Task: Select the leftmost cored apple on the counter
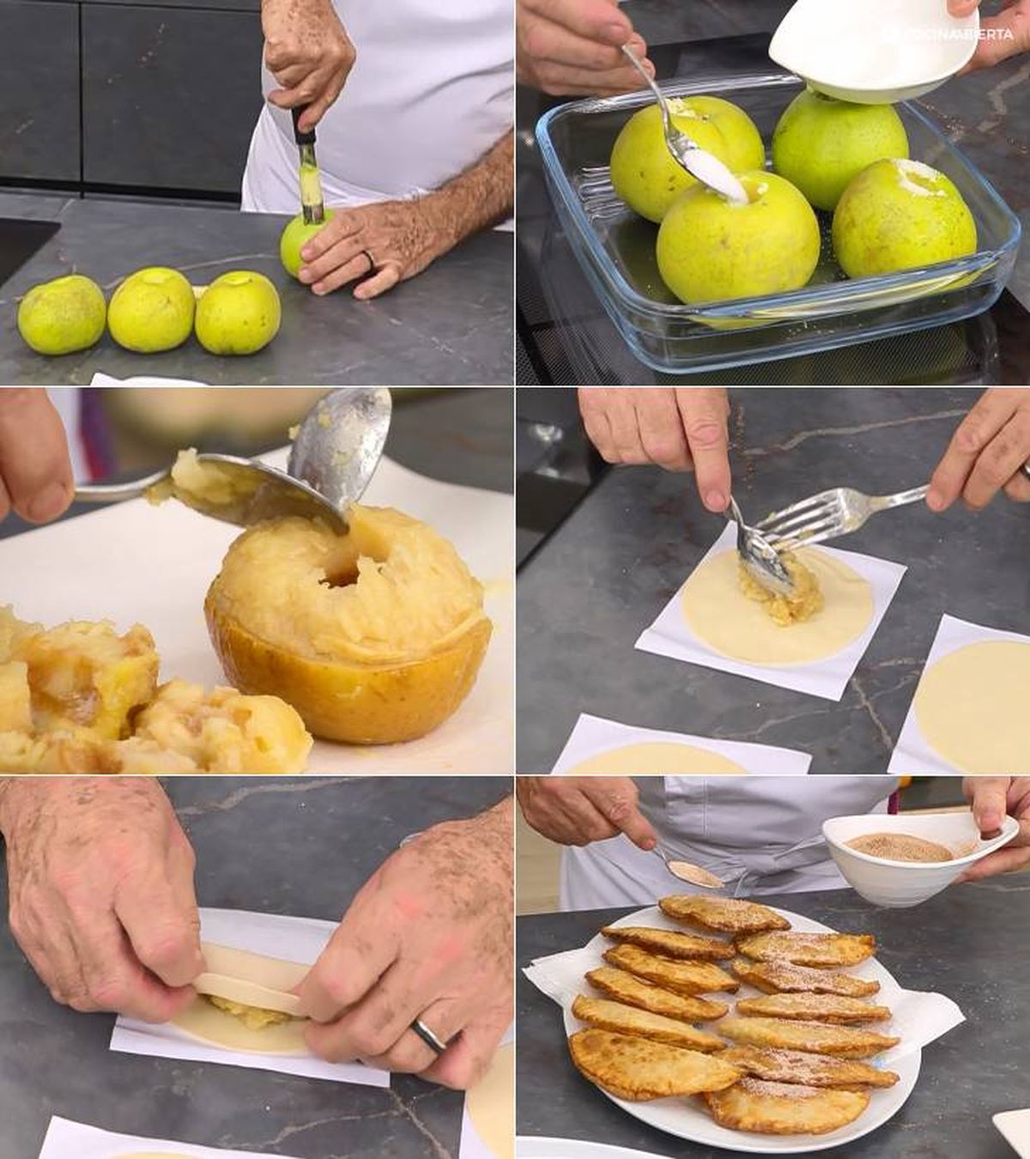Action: click(x=61, y=314)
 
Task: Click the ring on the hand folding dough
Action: click(x=428, y=1035)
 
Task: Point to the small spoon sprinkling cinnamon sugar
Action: click(x=695, y=873)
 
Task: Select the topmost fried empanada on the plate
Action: click(x=723, y=913)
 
